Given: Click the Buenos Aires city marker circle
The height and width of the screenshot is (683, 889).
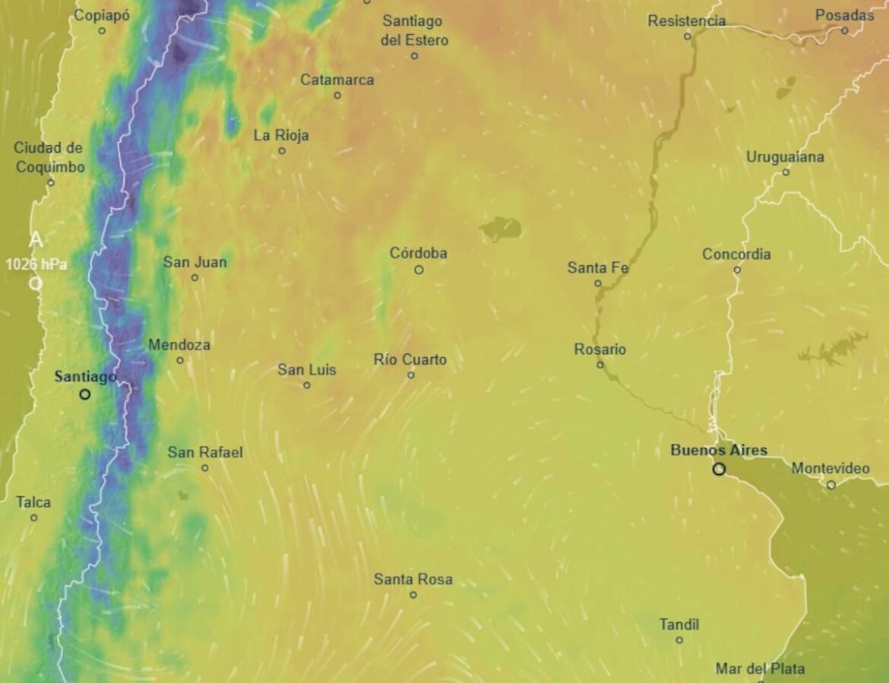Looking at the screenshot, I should point(719,470).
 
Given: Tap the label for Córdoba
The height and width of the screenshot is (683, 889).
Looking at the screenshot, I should point(418,253).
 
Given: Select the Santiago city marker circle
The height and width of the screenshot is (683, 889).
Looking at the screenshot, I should point(84,394).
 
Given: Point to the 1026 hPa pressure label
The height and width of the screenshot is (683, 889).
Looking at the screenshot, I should point(36,264).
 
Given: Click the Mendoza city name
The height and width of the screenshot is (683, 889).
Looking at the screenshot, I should point(179,345).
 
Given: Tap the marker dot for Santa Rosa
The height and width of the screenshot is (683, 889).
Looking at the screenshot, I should point(413,595).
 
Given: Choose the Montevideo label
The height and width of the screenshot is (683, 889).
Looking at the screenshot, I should point(830,468).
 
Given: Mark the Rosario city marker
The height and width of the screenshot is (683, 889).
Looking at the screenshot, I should point(600,365).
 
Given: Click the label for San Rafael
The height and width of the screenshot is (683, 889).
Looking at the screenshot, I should point(205,452).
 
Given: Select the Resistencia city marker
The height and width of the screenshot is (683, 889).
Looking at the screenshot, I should point(687,36).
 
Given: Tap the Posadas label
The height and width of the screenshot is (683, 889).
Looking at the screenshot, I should point(844,15).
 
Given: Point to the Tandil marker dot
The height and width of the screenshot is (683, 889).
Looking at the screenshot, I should point(679,640).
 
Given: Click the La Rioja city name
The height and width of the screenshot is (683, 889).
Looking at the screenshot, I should point(281,135).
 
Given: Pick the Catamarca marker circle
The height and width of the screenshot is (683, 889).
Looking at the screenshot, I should point(337,95).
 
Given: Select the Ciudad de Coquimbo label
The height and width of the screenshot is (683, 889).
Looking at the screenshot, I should point(49,157).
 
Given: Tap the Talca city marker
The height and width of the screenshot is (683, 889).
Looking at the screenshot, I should point(33,517).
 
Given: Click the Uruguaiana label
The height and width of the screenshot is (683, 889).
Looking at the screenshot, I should point(785,157).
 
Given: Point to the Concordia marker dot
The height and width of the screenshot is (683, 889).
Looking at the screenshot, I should point(736,270).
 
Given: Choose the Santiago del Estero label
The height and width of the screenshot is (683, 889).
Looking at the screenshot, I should point(414,30).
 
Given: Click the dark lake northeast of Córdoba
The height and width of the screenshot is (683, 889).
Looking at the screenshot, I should point(501,227).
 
